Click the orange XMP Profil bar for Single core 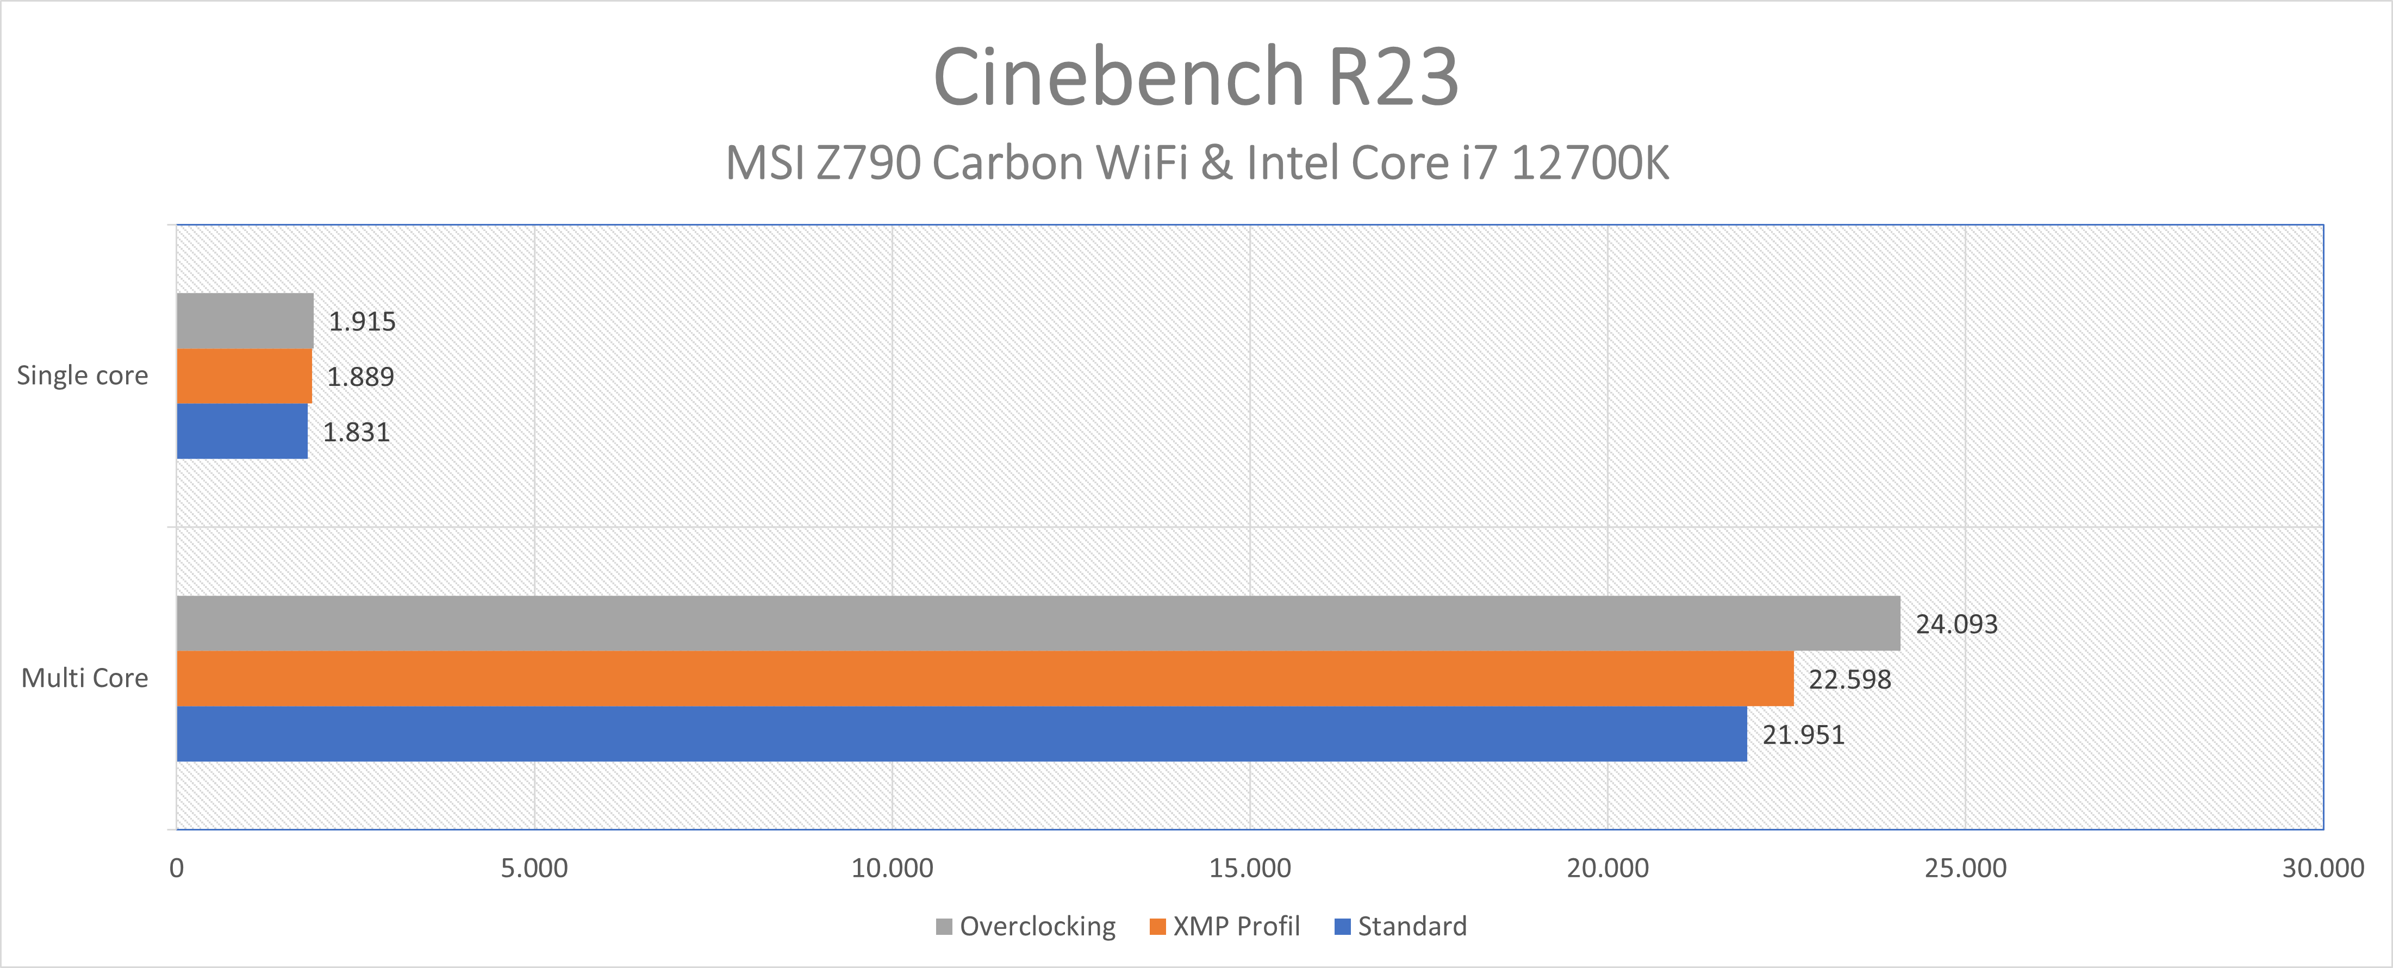point(244,376)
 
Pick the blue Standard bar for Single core point(241,431)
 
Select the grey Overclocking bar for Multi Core point(1038,623)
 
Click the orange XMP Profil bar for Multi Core point(984,678)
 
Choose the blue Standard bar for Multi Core point(962,734)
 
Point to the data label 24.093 point(1956,624)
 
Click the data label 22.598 point(1849,680)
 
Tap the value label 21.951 point(1803,735)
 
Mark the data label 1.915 point(362,321)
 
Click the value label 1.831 point(356,432)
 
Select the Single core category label point(83,376)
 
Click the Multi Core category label point(85,678)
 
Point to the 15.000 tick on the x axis point(1249,869)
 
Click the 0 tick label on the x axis point(177,869)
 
